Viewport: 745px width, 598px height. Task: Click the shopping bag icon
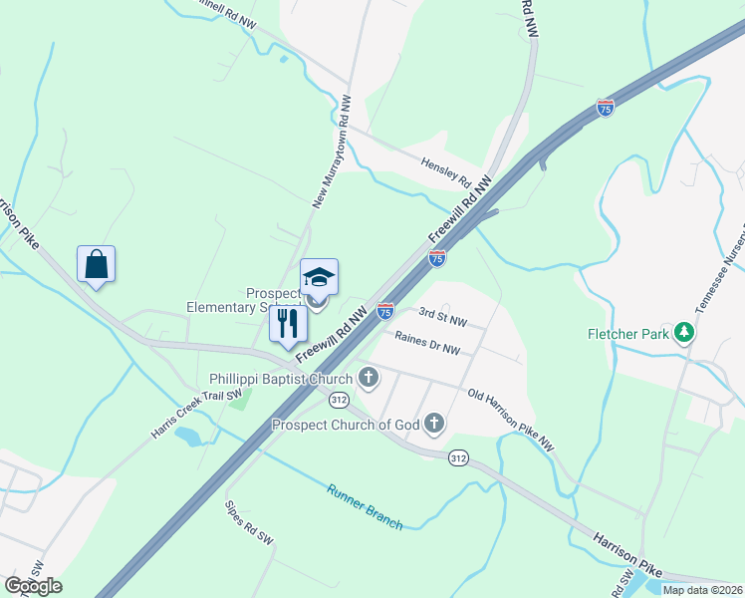point(97,265)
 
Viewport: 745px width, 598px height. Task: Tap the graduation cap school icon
point(319,278)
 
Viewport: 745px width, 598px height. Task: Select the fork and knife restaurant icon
point(289,323)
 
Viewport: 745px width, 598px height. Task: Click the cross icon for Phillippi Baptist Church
point(369,378)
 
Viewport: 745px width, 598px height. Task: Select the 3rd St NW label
point(442,317)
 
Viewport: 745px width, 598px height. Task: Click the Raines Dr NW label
point(427,343)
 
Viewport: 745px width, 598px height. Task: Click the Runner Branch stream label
point(365,505)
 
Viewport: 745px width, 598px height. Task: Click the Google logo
point(34,586)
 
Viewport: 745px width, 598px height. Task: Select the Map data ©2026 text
point(702,590)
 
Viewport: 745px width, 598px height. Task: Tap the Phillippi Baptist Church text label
point(281,379)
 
